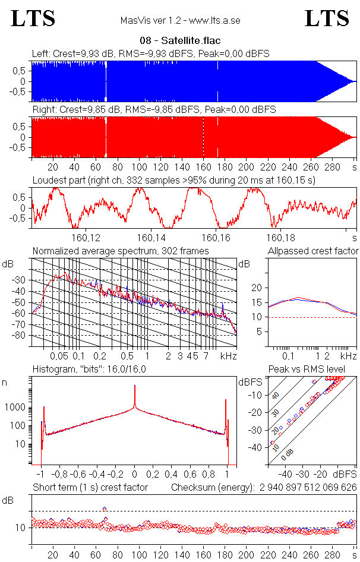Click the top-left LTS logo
33,18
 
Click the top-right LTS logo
327,18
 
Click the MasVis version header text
180,21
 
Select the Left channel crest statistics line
151,53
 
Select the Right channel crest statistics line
153,110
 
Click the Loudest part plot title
173,179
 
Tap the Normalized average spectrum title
121,251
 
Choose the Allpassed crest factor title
313,251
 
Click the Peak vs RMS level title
315,370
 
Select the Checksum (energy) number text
307,488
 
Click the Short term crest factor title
90,488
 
